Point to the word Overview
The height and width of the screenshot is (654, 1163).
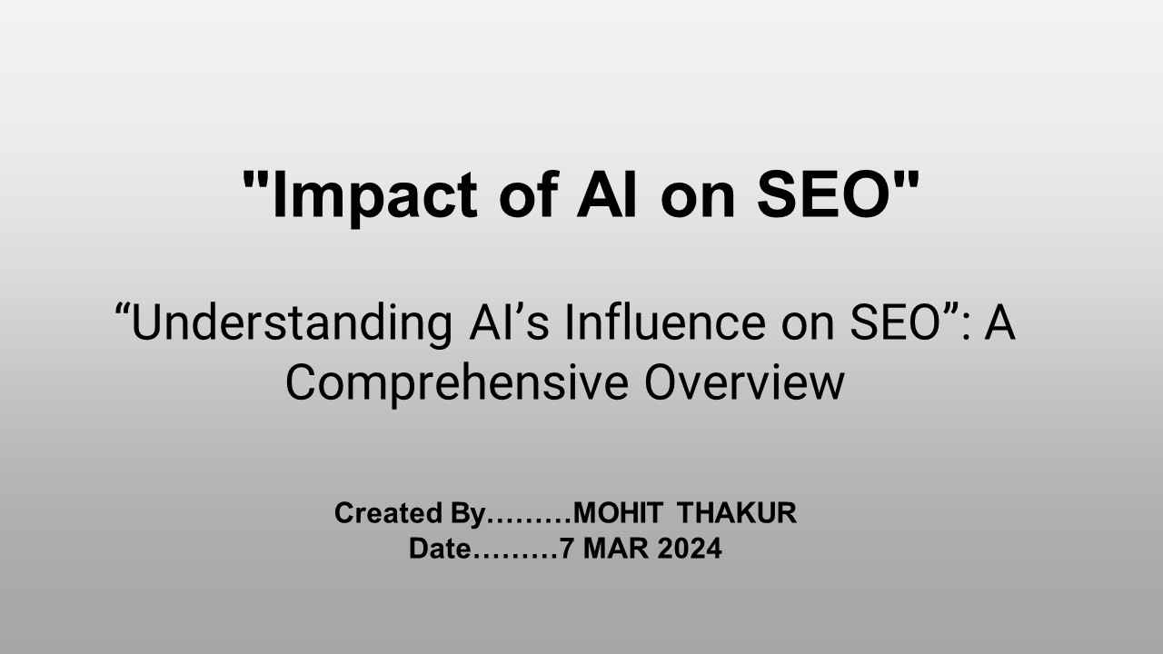coord(744,382)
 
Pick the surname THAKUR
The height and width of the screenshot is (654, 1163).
coord(737,513)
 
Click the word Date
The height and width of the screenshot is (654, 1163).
coord(441,549)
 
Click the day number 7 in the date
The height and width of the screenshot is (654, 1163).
coord(566,549)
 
